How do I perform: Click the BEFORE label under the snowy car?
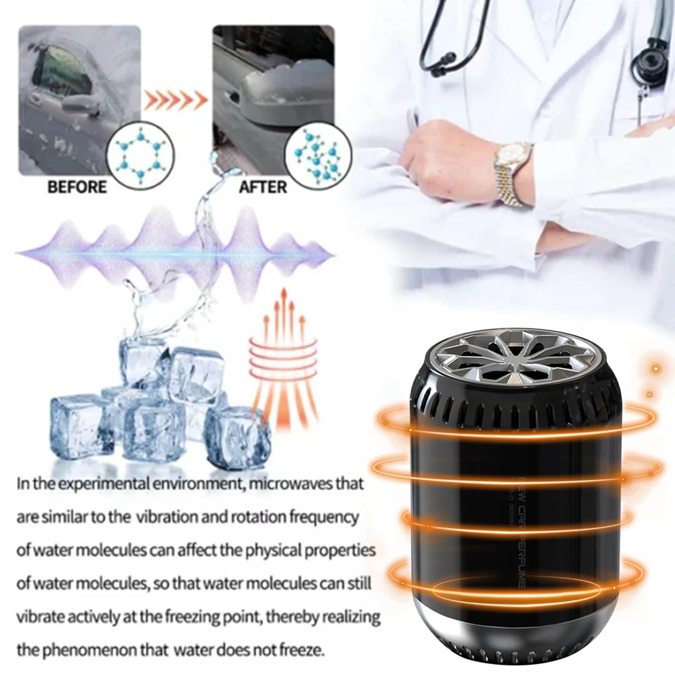(77, 187)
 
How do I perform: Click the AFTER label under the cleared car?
(262, 187)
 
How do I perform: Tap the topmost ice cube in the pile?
(146, 360)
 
